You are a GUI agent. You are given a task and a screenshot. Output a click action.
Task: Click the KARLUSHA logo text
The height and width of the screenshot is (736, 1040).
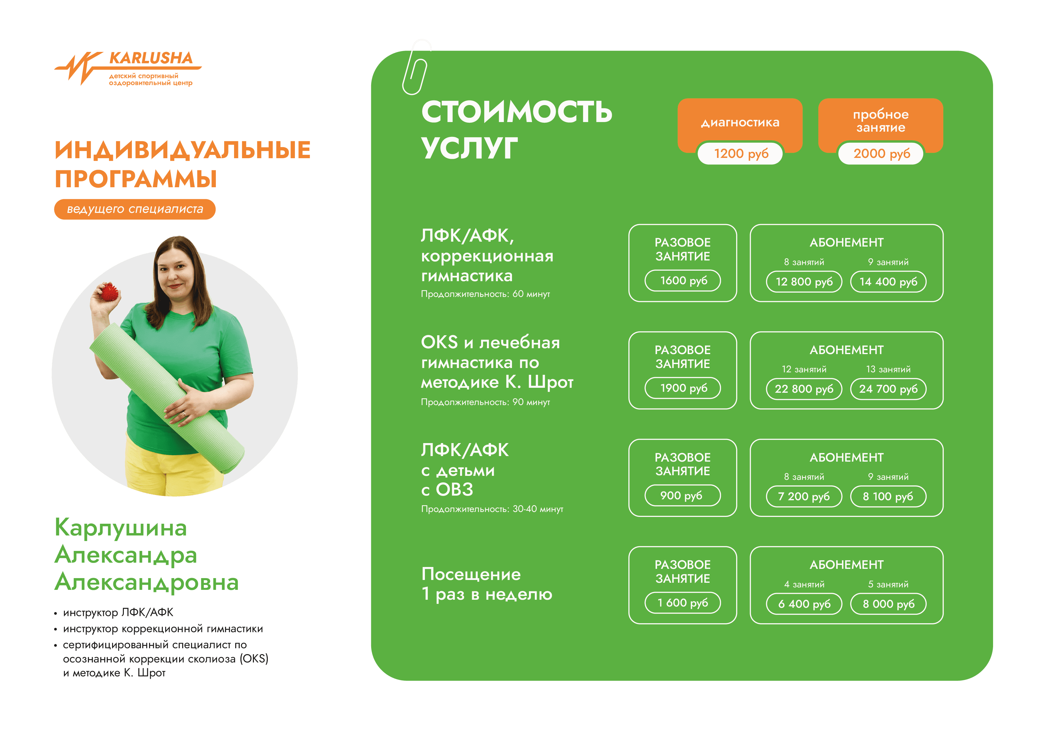151,58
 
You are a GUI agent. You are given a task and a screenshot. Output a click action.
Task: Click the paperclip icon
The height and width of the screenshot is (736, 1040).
416,67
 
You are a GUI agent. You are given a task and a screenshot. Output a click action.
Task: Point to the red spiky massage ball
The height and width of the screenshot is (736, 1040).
109,292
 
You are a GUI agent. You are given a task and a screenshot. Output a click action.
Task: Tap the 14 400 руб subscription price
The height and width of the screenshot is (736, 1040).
888,282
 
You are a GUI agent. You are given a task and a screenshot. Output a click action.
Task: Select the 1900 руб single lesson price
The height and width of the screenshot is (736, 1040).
683,388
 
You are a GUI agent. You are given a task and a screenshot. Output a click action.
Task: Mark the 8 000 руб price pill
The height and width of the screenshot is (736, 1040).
888,604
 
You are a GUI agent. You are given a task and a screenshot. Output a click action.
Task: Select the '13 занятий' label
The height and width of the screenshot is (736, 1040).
888,369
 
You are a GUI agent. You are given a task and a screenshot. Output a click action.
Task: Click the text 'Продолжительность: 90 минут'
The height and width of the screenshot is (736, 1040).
485,402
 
